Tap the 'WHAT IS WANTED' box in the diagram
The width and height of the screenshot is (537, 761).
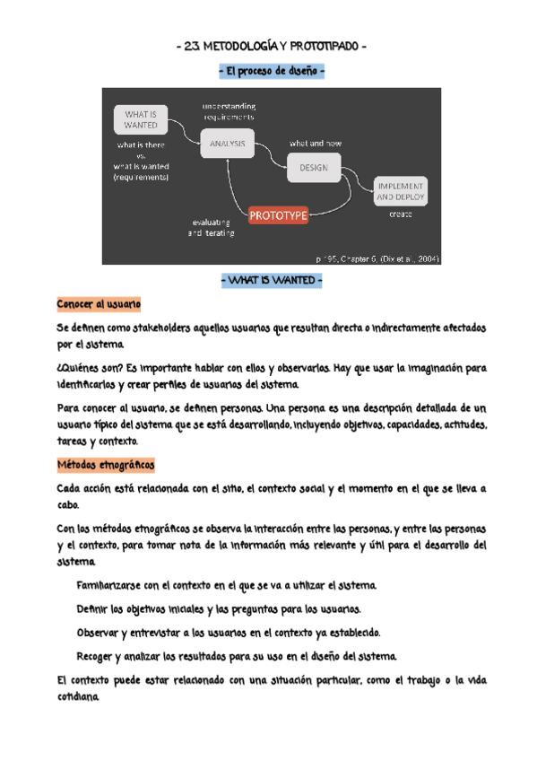[140, 119]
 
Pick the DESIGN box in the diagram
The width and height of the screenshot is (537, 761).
[314, 167]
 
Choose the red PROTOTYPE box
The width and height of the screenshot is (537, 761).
[278, 215]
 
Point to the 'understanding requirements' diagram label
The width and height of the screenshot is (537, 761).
[228, 111]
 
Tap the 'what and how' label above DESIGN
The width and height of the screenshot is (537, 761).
[315, 144]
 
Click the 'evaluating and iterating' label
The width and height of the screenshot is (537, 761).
[212, 227]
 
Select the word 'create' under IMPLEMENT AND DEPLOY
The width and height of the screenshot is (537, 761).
[400, 214]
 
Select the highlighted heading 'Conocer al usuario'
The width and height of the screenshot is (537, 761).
[98, 305]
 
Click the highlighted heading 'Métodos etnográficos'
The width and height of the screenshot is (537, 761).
[105, 465]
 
